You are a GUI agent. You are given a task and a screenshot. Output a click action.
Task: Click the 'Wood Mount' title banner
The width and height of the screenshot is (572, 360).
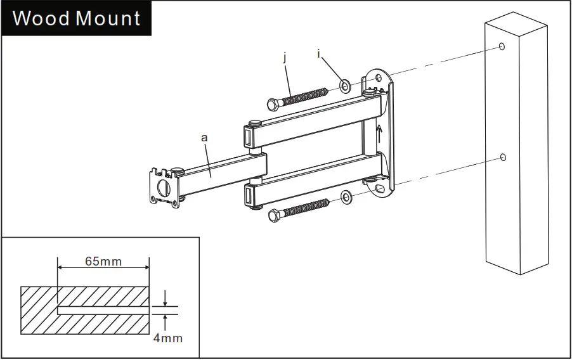tap(76, 18)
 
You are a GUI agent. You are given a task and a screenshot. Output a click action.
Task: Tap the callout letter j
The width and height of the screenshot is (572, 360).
tap(285, 58)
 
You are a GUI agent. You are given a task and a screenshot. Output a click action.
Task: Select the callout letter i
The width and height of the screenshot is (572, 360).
tap(319, 55)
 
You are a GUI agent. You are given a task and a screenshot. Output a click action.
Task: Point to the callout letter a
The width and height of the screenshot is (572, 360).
tap(204, 137)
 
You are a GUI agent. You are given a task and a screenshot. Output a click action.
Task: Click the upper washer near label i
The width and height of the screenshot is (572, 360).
tap(345, 85)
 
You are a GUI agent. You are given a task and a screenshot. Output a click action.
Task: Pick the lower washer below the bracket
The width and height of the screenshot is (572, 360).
tap(346, 198)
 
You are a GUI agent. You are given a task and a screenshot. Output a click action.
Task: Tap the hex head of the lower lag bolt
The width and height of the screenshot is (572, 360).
tap(275, 215)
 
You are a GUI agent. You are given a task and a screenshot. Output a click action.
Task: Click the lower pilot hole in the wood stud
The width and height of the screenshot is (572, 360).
tap(502, 157)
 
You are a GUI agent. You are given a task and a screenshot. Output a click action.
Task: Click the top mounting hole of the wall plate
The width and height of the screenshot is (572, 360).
tap(379, 78)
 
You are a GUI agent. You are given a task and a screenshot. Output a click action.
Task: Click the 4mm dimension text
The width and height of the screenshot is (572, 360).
tap(167, 338)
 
